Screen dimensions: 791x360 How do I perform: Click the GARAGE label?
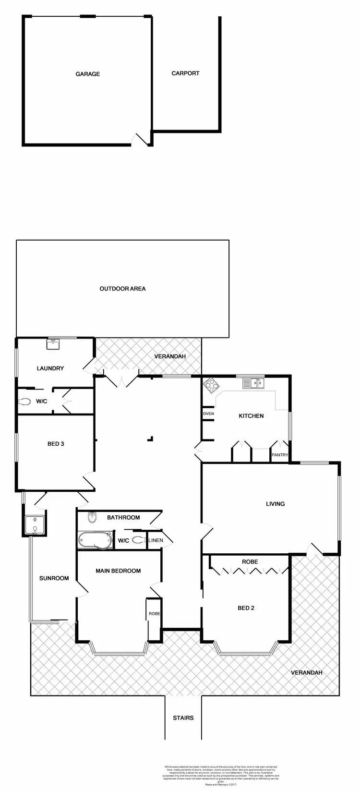[x=88, y=74]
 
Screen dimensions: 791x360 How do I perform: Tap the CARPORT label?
[x=185, y=73]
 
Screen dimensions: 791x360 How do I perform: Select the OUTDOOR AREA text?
[x=122, y=289]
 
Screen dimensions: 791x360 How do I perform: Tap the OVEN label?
[x=208, y=414]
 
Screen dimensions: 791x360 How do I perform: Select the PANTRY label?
[x=280, y=455]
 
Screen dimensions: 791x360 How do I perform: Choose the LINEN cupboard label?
[x=156, y=540]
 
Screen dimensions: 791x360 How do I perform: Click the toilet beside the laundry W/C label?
[x=24, y=402]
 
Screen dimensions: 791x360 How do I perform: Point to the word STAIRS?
[x=183, y=718]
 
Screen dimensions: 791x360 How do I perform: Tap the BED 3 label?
[x=56, y=444]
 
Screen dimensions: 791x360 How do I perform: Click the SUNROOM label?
[x=54, y=578]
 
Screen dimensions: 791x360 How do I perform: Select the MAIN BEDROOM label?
[x=118, y=571]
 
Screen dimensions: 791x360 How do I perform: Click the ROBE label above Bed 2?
[x=250, y=561]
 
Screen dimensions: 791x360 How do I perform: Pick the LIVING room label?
[x=275, y=504]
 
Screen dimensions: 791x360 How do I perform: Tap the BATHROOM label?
[x=123, y=517]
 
